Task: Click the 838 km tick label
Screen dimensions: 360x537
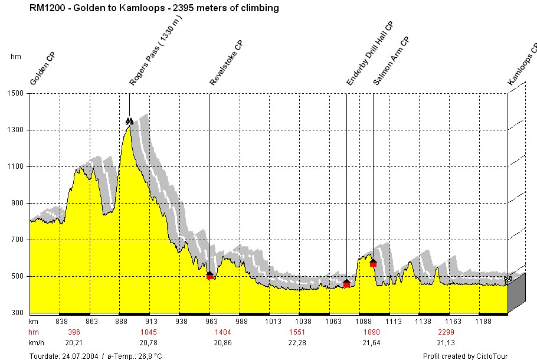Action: [x=61, y=322]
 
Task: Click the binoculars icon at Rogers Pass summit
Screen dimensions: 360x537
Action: [x=129, y=122]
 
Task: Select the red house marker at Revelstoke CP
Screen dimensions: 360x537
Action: [x=209, y=275]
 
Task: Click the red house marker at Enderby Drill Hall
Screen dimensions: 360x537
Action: [x=346, y=283]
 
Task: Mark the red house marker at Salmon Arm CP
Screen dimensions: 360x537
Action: [x=373, y=263]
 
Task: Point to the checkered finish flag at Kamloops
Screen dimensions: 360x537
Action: [x=507, y=279]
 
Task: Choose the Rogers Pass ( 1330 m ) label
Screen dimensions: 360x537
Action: [x=156, y=52]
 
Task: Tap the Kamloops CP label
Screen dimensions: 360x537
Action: [x=522, y=65]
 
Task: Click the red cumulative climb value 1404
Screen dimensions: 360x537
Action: [x=222, y=332]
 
